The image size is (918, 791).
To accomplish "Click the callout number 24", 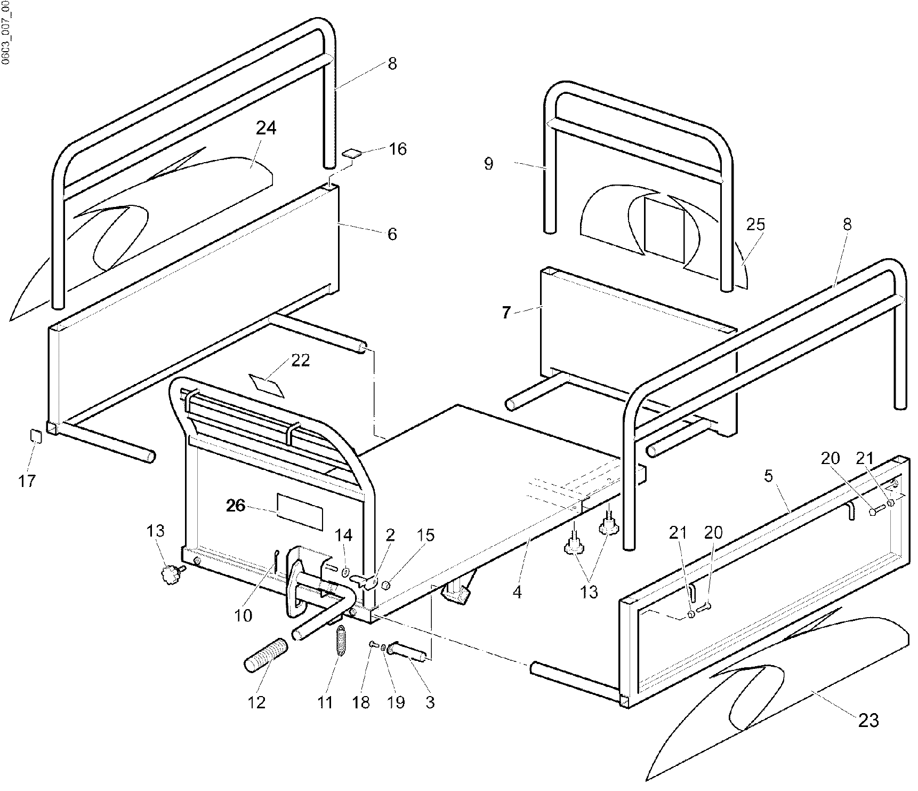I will (x=266, y=128).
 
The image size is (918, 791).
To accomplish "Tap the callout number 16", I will (x=397, y=149).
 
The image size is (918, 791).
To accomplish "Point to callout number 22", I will (x=300, y=361).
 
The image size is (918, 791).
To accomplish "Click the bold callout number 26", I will (x=235, y=506).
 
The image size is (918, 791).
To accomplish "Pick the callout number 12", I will (x=256, y=702).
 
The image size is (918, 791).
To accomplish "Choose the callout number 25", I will (x=755, y=225).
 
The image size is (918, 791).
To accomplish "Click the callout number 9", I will (x=489, y=164).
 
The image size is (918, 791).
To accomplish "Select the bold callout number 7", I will (x=506, y=313).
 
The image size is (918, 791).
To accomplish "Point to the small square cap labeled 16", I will (x=352, y=154).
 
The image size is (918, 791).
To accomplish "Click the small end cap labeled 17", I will (x=35, y=436).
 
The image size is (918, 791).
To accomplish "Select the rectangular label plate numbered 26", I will (x=300, y=512).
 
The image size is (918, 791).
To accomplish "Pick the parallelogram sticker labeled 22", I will (x=266, y=383).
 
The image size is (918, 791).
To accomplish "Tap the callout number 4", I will (x=517, y=592).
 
